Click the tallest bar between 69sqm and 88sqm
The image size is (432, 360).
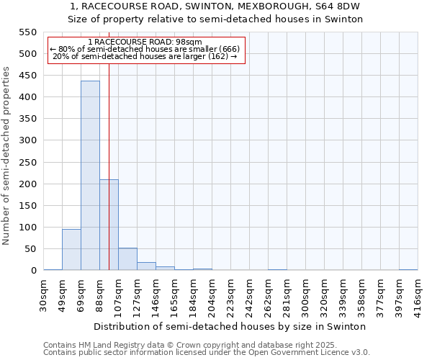point(90,176)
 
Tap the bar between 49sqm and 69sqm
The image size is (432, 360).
point(71,249)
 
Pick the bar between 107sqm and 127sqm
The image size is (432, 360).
point(127,259)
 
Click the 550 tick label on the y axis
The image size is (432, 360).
point(27,32)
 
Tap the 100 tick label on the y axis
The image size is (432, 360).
point(27,228)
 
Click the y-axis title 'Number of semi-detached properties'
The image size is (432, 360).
point(7,156)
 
